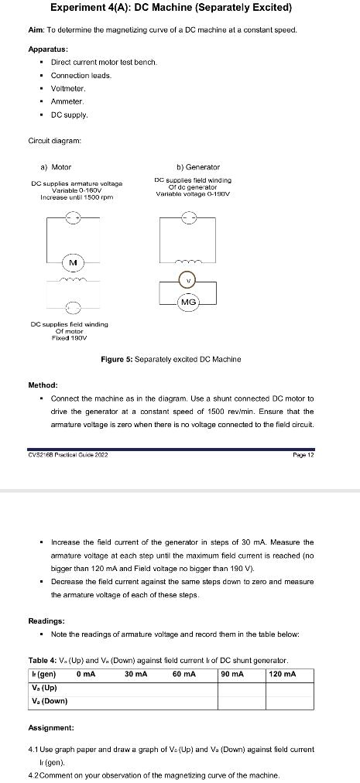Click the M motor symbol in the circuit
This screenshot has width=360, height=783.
point(74,263)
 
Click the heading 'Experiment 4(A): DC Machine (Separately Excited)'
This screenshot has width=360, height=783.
point(171,9)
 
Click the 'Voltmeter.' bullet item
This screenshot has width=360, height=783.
point(69,88)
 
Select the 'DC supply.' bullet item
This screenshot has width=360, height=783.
point(70,115)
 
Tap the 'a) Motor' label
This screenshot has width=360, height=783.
point(56,167)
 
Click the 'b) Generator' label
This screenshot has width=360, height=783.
point(198,167)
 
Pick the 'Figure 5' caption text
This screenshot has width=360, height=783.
point(170,359)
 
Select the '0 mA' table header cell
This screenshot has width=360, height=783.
point(87,674)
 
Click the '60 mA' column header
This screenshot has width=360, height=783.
point(183,674)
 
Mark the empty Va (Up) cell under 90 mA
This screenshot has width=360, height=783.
point(242,687)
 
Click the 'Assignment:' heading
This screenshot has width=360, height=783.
point(51,728)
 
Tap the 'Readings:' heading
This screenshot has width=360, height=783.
point(46,621)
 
